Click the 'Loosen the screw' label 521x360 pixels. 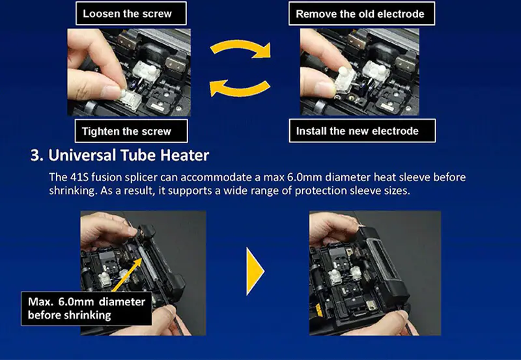pyautogui.click(x=132, y=13)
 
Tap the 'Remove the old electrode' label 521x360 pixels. pyautogui.click(x=361, y=14)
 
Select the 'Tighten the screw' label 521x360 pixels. pyautogui.click(x=132, y=132)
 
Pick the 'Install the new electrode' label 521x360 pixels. pyautogui.click(x=362, y=131)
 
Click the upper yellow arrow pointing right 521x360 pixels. pyautogui.click(x=241, y=46)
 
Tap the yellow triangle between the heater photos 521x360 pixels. pyautogui.click(x=255, y=271)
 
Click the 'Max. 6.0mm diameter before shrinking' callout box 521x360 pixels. pyautogui.click(x=87, y=309)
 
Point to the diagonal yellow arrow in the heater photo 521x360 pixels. pyautogui.click(x=127, y=275)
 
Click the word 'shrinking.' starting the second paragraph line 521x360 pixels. pyautogui.click(x=72, y=191)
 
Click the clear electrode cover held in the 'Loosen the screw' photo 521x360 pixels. pyautogui.click(x=130, y=99)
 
